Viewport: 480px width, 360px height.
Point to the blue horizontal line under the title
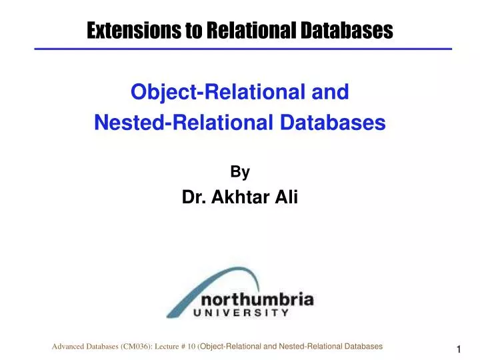[x=243, y=49]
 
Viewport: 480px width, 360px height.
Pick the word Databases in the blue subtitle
[x=331, y=123]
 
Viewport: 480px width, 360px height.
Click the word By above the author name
[x=240, y=172]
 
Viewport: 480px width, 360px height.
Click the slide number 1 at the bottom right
[x=459, y=350]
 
